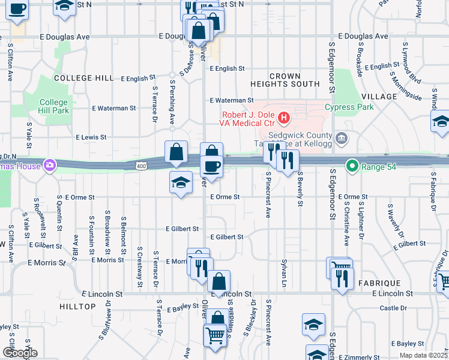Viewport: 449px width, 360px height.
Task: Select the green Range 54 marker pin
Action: (x=352, y=166)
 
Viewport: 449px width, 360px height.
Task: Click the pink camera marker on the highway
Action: (x=49, y=165)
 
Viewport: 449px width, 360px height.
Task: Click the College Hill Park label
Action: (x=54, y=106)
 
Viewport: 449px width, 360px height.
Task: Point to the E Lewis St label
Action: (x=91, y=137)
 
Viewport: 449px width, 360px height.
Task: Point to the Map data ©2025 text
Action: (x=423, y=355)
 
